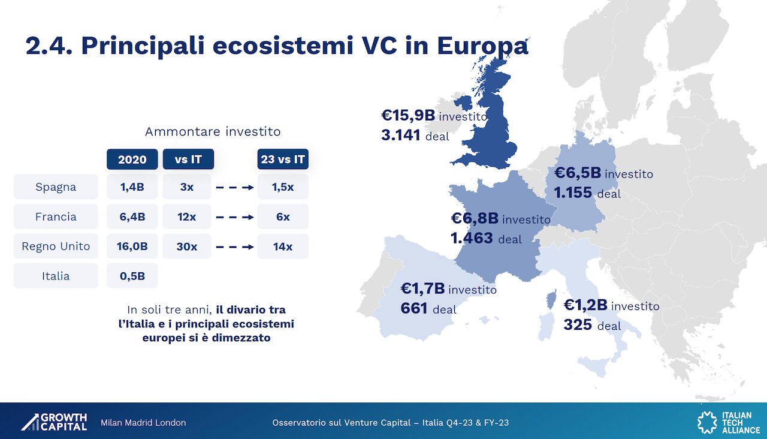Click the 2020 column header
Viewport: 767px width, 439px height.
[x=132, y=159]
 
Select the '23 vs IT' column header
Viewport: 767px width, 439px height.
[x=283, y=159]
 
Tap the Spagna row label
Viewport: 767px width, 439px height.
[x=56, y=187]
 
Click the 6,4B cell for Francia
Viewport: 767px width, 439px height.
[x=132, y=217]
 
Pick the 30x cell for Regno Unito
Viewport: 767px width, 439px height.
[x=187, y=246]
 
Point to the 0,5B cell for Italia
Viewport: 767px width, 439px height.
[x=132, y=276]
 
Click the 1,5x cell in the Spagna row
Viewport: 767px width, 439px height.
[x=283, y=187]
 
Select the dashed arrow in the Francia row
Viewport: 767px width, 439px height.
[x=235, y=217]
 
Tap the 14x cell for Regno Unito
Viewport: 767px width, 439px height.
[x=283, y=246]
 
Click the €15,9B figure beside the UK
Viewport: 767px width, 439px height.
[x=408, y=116]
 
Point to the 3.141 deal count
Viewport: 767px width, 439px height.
[x=401, y=136]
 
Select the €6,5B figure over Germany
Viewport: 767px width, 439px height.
[x=578, y=173]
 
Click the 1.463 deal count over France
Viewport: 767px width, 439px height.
[x=472, y=238]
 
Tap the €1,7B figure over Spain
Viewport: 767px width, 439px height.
[x=422, y=288]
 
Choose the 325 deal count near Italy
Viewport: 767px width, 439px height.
[x=578, y=324]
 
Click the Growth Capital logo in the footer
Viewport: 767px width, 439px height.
[x=54, y=422]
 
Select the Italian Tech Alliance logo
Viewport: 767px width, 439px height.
[x=729, y=422]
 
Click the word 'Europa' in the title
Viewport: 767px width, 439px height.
[x=483, y=46]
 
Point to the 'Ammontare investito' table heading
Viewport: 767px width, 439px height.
[x=213, y=131]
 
